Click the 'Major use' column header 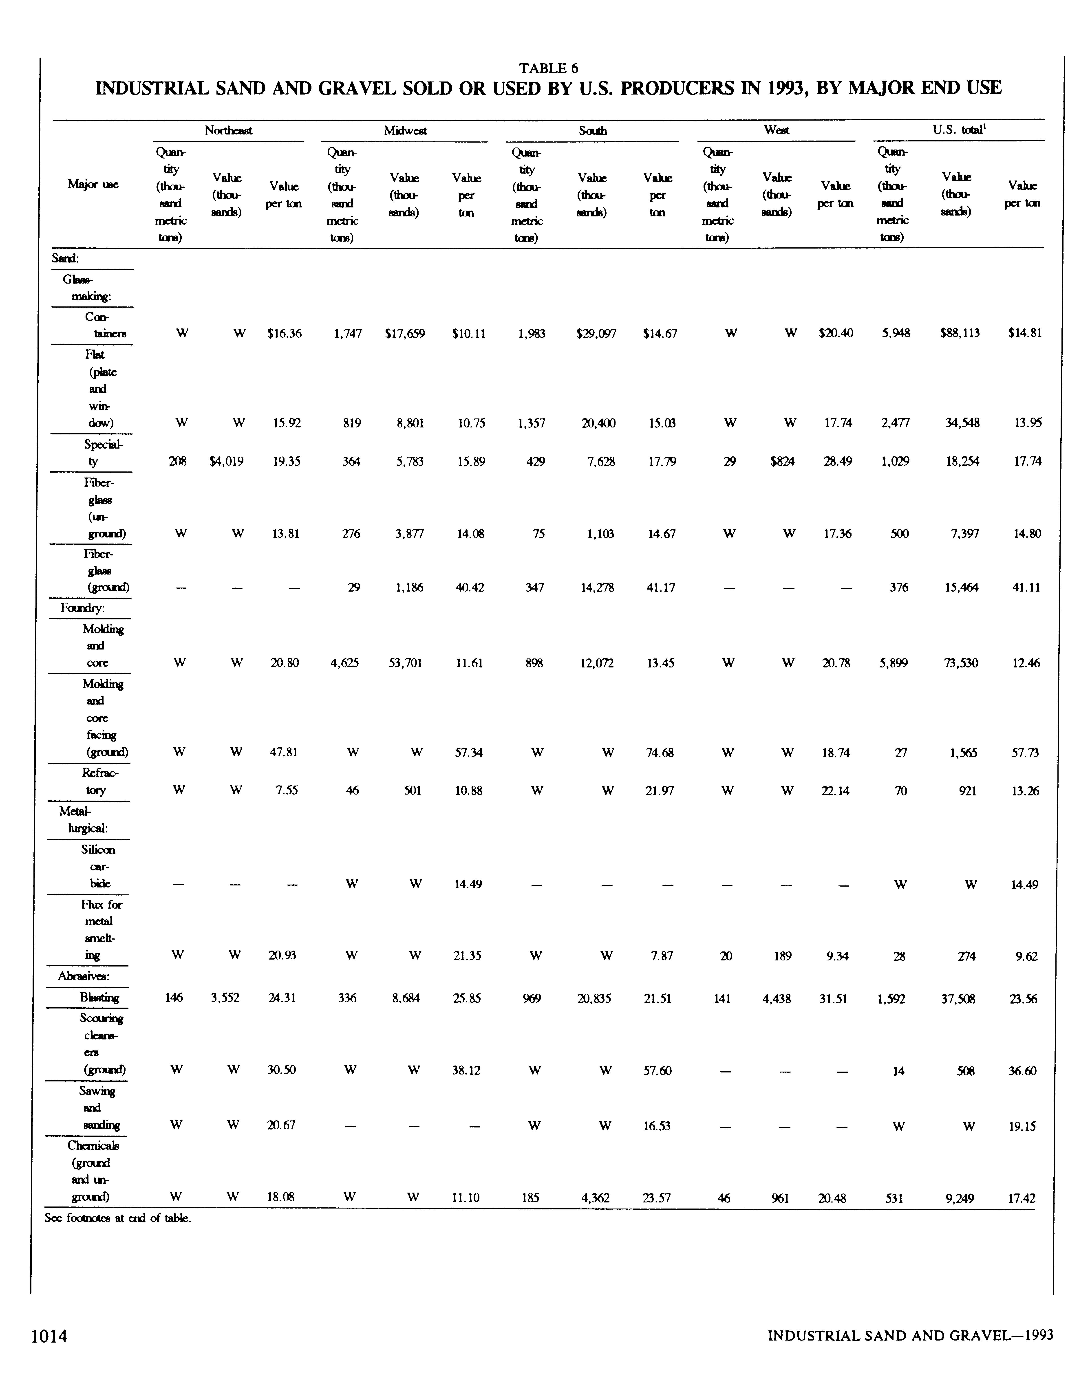tap(93, 184)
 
